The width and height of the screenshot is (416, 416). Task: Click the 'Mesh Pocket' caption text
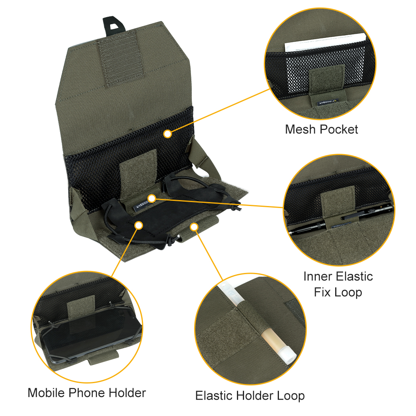tap(321, 130)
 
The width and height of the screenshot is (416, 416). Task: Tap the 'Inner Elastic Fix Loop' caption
tap(338, 284)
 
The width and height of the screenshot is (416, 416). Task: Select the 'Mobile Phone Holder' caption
tap(87, 393)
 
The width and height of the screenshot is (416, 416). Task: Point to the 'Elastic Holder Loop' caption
tap(250, 395)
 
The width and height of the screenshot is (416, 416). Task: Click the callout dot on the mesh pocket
tap(168, 134)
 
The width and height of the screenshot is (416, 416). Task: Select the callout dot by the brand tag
tap(151, 198)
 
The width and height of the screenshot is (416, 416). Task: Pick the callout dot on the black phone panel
tap(138, 225)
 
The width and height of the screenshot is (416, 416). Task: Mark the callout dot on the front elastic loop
tap(194, 226)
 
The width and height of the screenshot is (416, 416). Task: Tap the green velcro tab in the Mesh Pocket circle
tap(322, 81)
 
